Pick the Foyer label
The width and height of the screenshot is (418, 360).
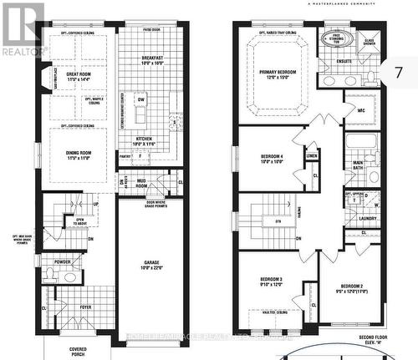84,307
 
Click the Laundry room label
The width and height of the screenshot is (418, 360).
368,219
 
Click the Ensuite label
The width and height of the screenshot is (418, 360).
343,60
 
